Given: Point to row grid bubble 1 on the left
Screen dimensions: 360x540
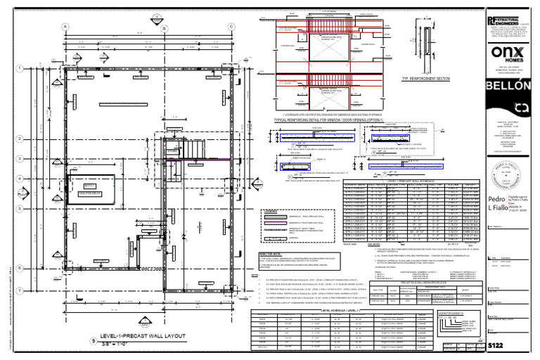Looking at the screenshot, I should [x=21, y=68].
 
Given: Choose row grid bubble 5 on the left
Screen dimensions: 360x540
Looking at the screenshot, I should [x=21, y=209].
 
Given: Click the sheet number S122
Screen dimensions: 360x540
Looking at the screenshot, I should [x=496, y=347].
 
